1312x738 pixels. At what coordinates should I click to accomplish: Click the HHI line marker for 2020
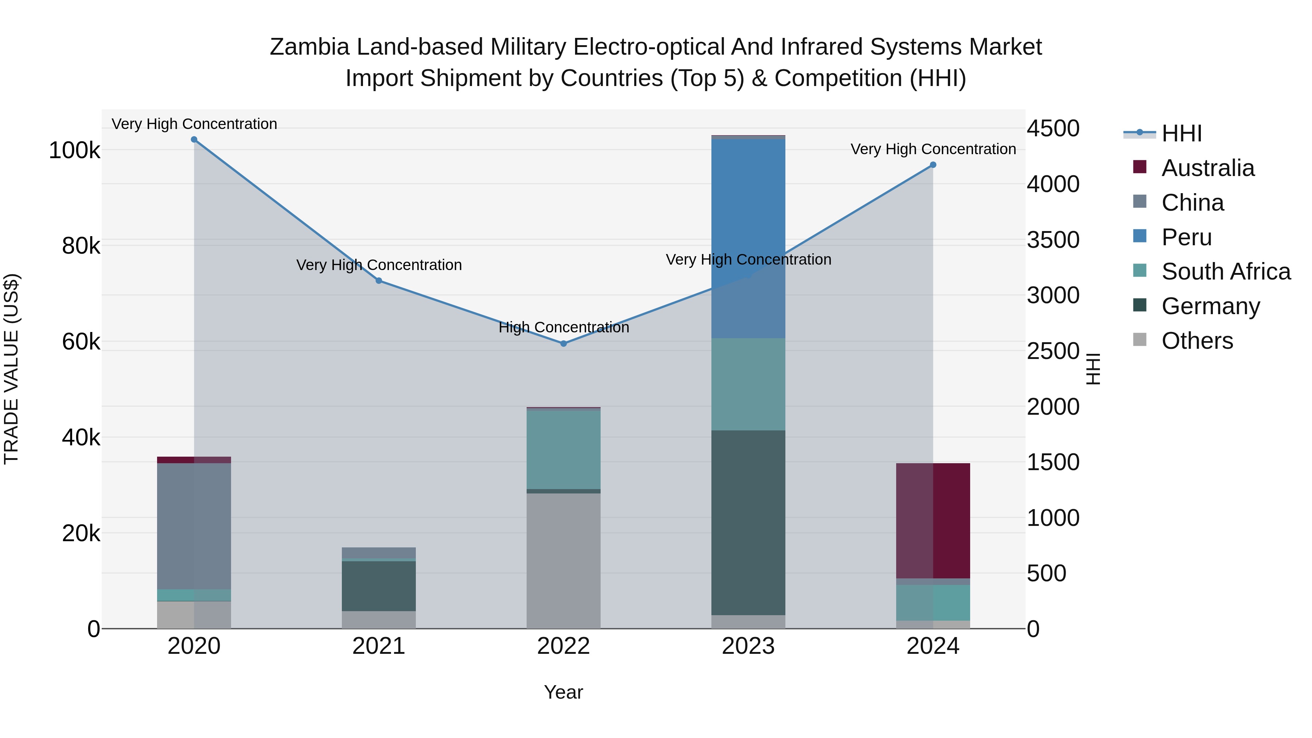click(x=194, y=140)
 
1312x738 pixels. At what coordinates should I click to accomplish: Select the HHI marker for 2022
click(x=563, y=344)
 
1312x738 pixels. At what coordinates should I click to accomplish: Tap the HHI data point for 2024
click(x=933, y=165)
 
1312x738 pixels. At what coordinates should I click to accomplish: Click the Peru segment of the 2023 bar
click(x=748, y=238)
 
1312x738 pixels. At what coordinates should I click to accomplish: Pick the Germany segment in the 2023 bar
click(x=748, y=523)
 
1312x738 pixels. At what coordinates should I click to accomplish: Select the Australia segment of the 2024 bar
click(x=933, y=520)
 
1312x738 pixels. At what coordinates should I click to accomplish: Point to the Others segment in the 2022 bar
click(x=563, y=560)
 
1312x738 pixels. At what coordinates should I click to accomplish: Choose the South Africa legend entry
click(x=1225, y=272)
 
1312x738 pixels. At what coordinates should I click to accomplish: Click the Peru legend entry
click(x=1186, y=237)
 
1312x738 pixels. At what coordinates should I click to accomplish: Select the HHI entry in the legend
click(x=1181, y=133)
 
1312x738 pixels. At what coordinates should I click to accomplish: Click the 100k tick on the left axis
click(x=74, y=151)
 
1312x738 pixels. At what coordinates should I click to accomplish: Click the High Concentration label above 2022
click(x=563, y=328)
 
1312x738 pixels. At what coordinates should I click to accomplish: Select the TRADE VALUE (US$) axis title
click(x=11, y=369)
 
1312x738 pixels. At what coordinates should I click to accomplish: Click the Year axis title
click(x=563, y=692)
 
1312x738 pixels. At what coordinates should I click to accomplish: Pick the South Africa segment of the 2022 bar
click(x=563, y=449)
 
